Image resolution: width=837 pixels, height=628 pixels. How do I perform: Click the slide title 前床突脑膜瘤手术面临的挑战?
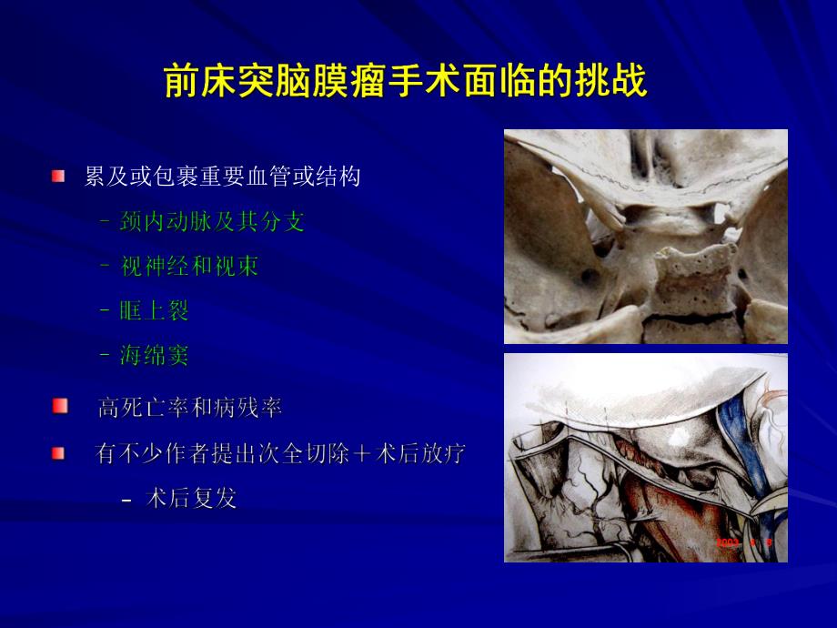406,82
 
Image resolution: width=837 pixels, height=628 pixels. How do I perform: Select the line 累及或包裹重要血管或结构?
222,177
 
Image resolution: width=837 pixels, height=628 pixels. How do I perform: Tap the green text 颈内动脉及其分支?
212,221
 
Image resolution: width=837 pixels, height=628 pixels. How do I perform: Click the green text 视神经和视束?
189,266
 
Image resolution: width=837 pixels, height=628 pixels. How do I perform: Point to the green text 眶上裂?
154,310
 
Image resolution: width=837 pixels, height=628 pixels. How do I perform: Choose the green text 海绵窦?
154,355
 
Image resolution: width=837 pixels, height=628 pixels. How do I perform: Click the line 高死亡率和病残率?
190,408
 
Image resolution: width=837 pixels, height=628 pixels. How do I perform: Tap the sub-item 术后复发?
191,499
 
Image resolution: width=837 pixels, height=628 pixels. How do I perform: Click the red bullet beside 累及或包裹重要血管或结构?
59,176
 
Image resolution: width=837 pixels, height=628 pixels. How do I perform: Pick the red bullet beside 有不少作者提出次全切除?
59,452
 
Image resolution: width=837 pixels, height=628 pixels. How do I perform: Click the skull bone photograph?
645,236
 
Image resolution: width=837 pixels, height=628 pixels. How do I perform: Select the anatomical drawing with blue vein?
645,457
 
